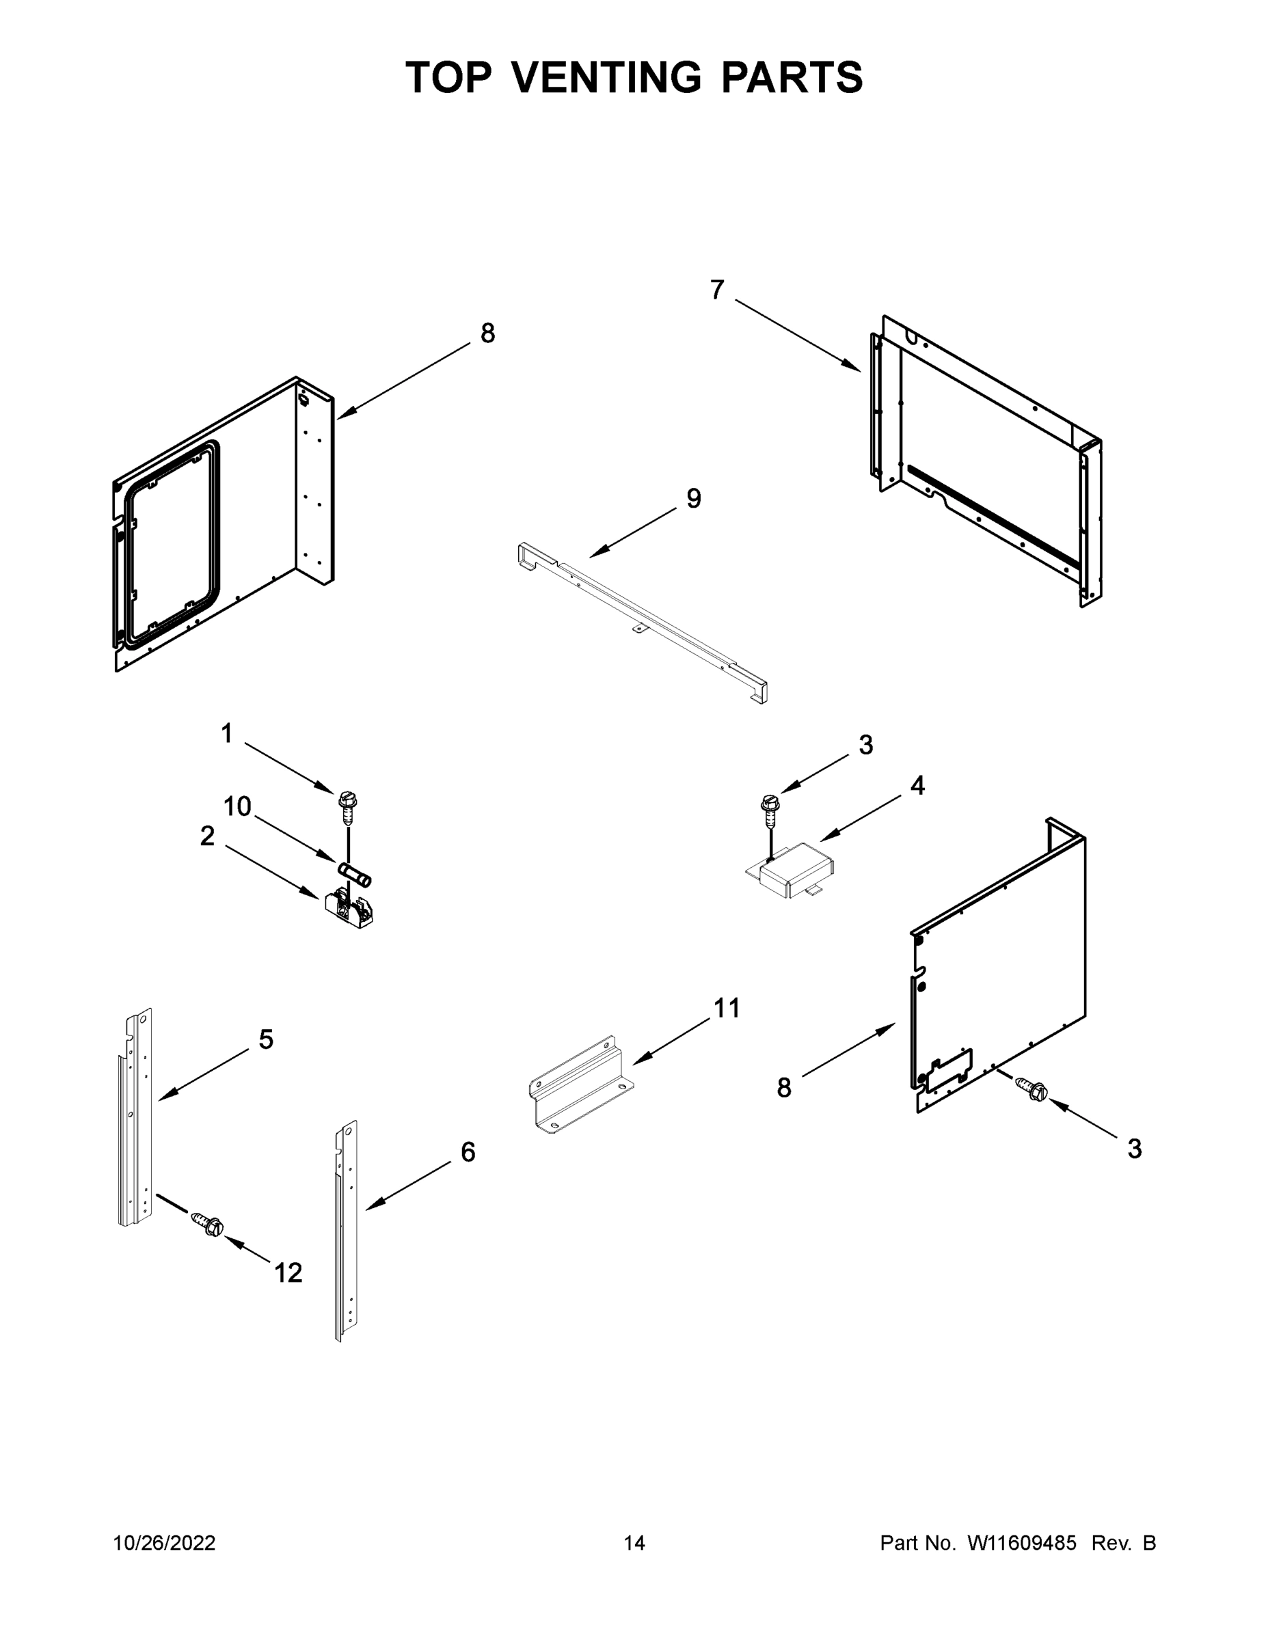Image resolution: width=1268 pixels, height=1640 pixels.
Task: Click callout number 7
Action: click(x=717, y=290)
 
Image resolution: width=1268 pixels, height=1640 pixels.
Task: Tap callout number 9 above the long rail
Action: click(x=693, y=498)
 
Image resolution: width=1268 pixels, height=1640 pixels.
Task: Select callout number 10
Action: click(x=237, y=806)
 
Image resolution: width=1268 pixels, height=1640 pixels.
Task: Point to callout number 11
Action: click(x=727, y=1009)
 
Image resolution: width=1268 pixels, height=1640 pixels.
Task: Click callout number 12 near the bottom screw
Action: click(x=288, y=1272)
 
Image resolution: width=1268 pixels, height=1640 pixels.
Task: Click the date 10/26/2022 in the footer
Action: click(x=165, y=1543)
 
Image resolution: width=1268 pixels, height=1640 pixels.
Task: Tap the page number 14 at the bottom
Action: click(x=634, y=1543)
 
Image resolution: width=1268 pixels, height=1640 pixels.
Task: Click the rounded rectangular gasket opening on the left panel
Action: click(x=172, y=545)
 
